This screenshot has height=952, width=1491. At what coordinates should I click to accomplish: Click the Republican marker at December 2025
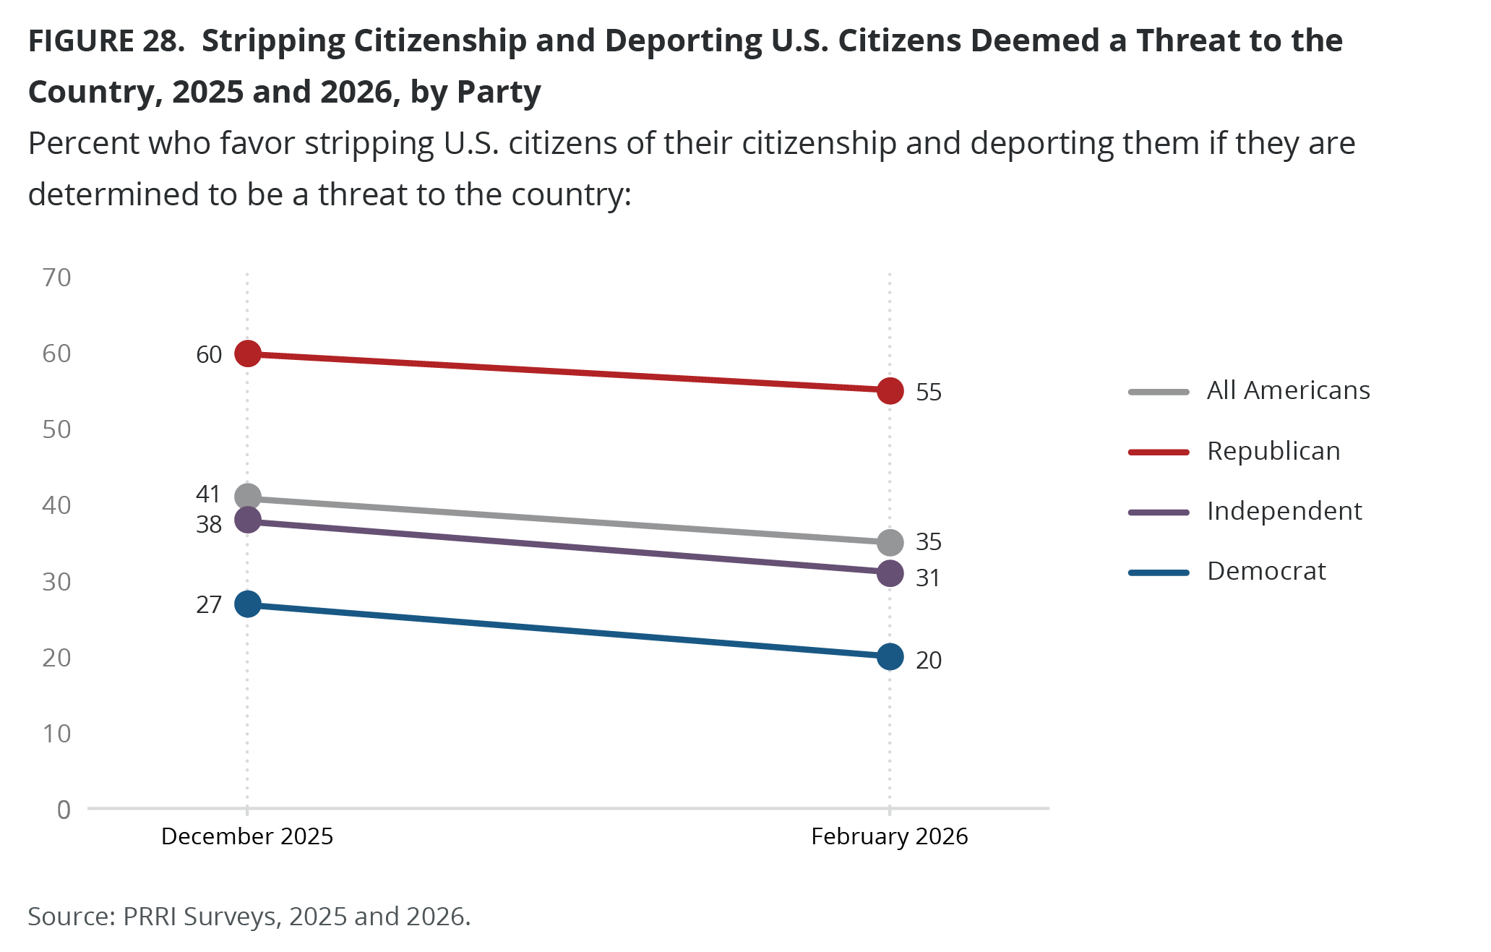tap(248, 353)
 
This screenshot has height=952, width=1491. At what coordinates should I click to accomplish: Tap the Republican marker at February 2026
tap(890, 391)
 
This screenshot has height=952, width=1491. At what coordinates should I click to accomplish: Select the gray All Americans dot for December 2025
tap(248, 497)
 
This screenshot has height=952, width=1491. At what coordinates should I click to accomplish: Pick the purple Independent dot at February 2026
tap(890, 573)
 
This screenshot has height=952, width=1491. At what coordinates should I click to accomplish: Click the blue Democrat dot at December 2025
tap(248, 604)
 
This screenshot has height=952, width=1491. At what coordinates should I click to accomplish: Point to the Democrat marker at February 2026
tap(890, 656)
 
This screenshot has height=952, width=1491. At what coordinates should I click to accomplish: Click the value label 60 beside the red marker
tap(209, 354)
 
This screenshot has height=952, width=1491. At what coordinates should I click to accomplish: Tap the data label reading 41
tap(208, 494)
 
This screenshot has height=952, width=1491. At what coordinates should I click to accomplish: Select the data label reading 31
tap(928, 578)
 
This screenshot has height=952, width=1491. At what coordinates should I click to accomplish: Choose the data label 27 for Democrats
tap(209, 604)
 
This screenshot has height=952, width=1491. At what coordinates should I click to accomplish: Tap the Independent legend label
tap(1284, 511)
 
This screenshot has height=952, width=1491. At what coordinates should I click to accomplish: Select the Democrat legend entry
tap(1266, 571)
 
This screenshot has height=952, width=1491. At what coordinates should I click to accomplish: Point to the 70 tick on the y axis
tap(57, 278)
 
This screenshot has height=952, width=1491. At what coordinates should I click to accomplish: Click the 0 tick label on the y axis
tap(64, 810)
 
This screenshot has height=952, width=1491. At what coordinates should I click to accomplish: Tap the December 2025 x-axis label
tap(247, 836)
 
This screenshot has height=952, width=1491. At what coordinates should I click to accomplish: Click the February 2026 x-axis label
tap(889, 836)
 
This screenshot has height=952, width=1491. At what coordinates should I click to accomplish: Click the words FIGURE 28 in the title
tap(106, 41)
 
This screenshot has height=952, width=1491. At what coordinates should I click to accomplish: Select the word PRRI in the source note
tap(150, 916)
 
